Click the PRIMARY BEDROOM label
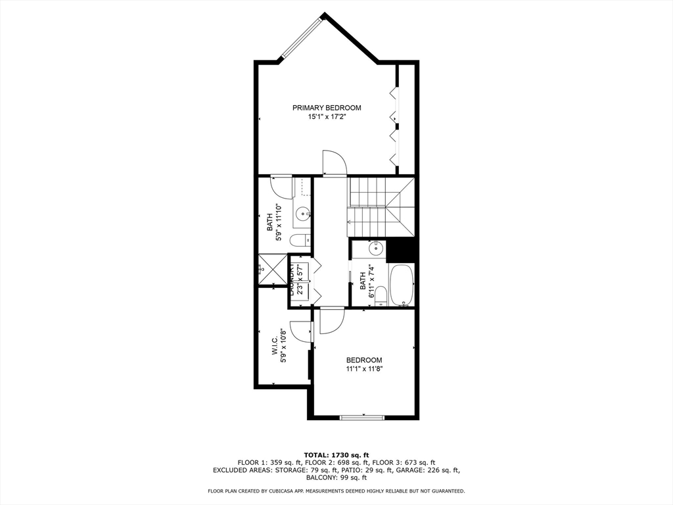click(327, 108)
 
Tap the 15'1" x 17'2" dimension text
click(327, 117)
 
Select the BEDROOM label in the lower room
click(364, 360)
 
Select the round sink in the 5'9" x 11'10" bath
click(302, 214)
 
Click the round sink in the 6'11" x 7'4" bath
click(377, 249)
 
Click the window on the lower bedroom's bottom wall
click(362, 417)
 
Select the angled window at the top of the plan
click(299, 38)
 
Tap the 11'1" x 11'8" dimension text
click(364, 370)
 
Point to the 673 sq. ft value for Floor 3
click(421, 463)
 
